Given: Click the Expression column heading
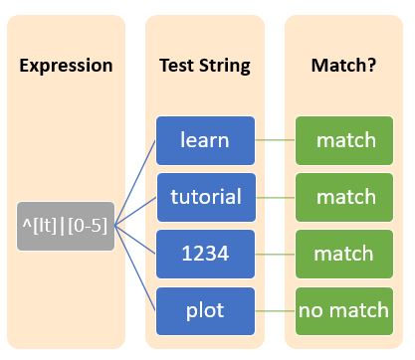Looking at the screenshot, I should tap(66, 67).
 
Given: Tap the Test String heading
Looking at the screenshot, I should tap(205, 67).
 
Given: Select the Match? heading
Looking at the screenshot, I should tap(343, 67).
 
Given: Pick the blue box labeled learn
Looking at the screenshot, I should tap(206, 140).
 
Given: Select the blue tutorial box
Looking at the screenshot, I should tap(206, 197).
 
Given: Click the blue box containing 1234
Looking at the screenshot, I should tap(206, 254).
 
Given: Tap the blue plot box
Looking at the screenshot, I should tap(206, 310).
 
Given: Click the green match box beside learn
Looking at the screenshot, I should tap(344, 140).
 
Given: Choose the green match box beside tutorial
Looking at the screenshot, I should tap(344, 197).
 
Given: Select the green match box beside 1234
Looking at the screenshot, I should tap(344, 254).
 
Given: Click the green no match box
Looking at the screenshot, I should tap(344, 310).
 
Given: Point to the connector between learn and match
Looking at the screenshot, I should tap(276, 140).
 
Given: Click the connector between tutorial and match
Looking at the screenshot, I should tap(276, 197).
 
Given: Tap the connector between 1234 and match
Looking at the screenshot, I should tap(276, 254).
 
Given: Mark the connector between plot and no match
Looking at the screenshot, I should tap(276, 310).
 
